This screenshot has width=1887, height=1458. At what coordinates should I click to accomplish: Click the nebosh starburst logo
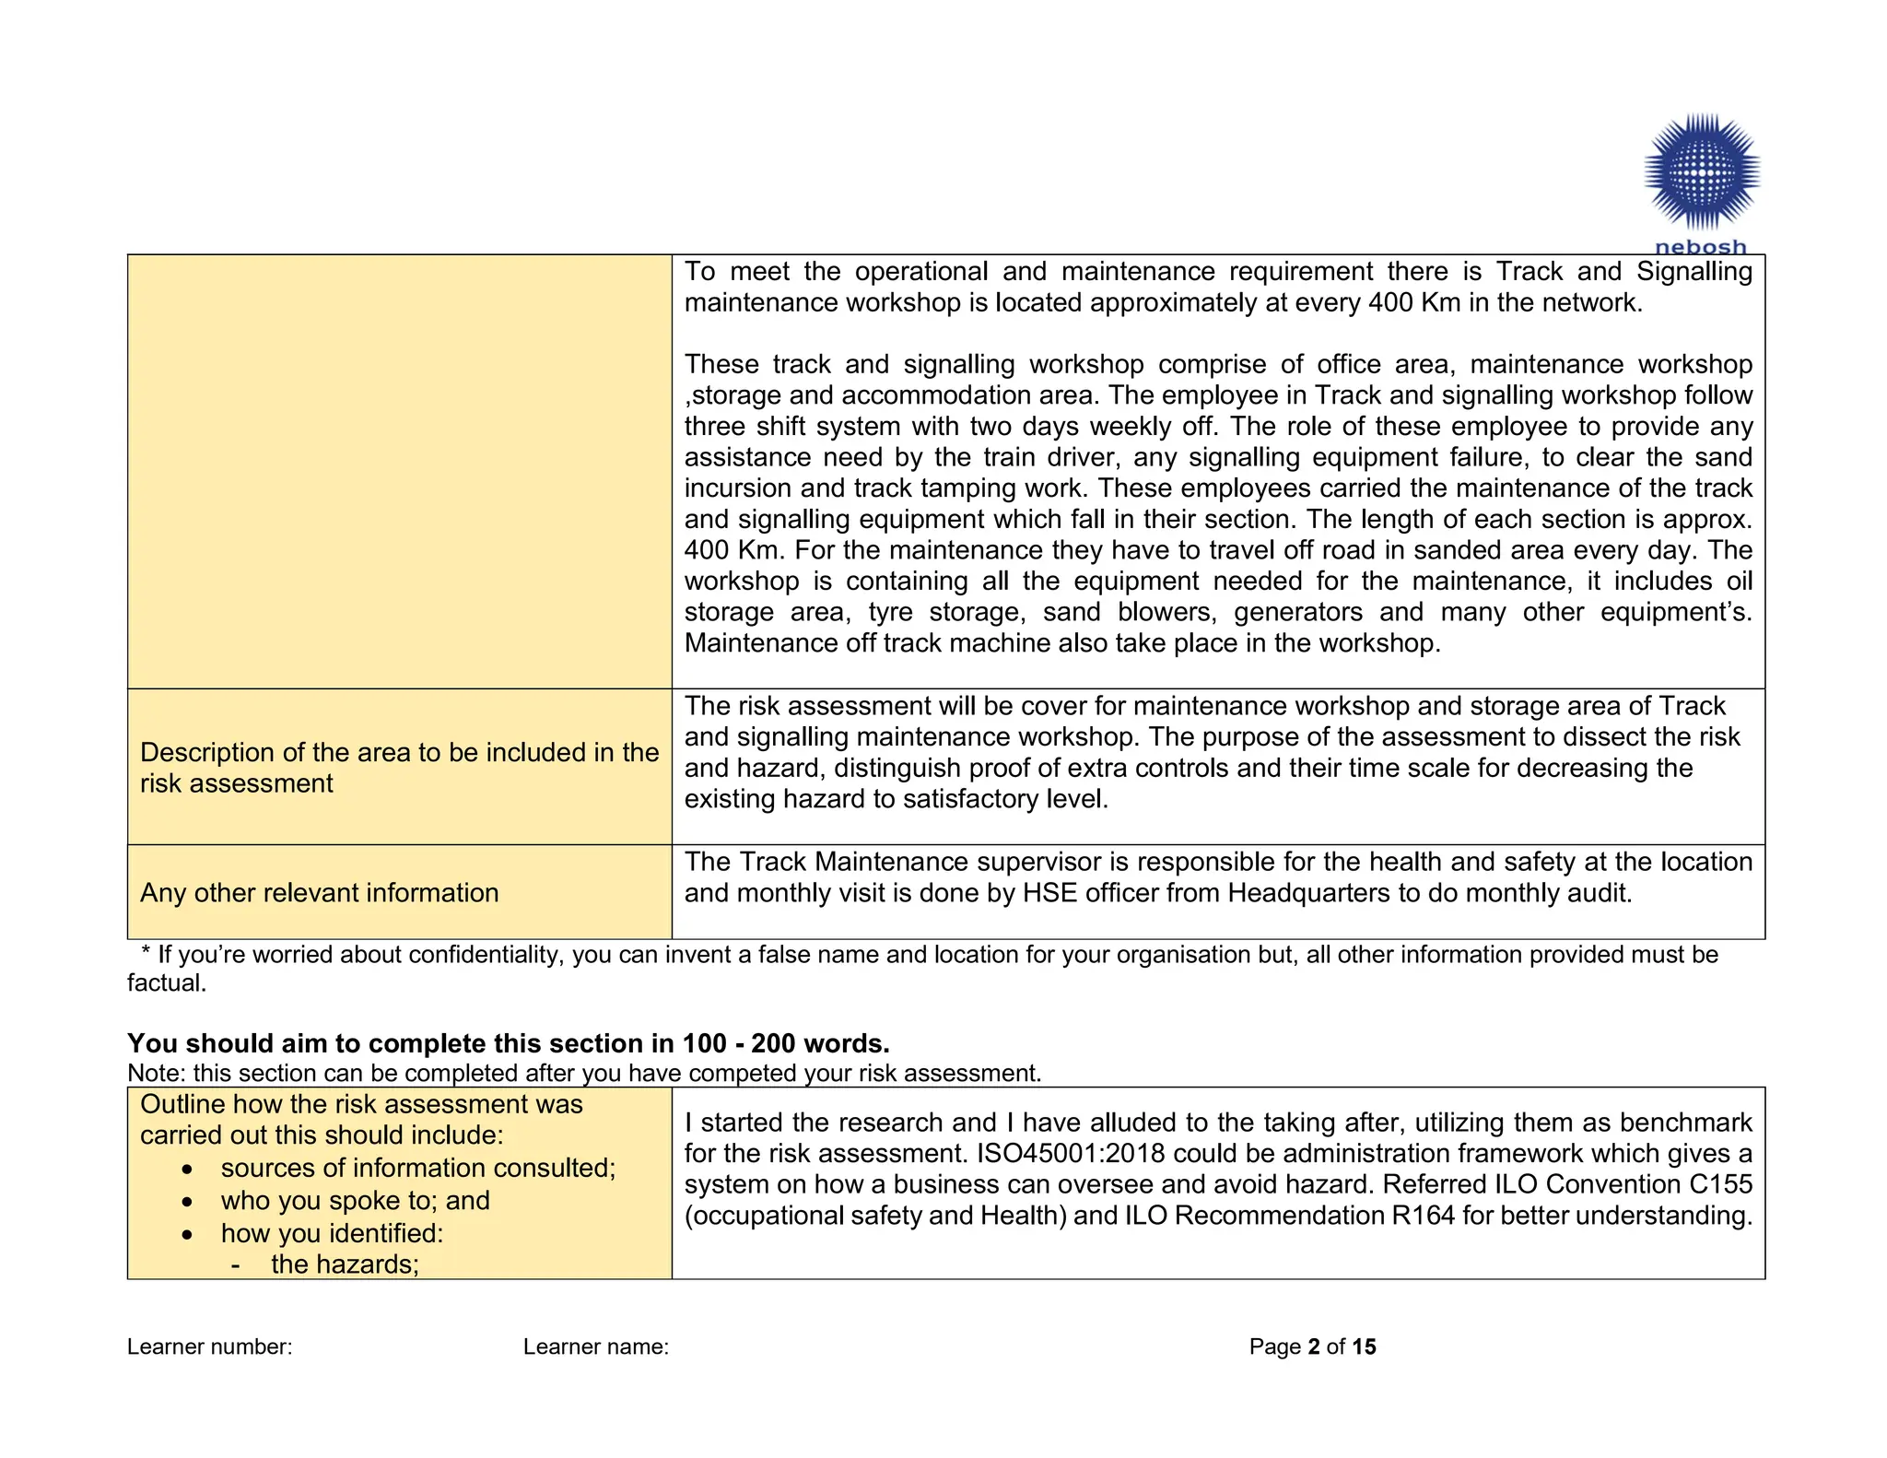point(1702,171)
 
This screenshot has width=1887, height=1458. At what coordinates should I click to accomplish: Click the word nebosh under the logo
point(1701,247)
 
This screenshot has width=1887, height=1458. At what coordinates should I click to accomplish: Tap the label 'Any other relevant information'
point(319,892)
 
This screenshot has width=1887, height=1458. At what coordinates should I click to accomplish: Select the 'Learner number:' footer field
point(209,1346)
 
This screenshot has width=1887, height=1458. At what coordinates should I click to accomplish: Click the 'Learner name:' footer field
point(595,1346)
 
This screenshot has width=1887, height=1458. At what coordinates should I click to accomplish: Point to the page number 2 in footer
point(1313,1346)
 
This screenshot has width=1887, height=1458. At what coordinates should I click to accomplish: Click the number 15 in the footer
point(1364,1346)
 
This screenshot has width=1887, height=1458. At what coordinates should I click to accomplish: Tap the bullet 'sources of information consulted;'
point(417,1168)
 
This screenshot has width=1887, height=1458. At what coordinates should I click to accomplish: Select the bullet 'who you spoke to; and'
point(355,1200)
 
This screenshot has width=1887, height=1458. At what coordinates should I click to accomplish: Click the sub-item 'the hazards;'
point(345,1264)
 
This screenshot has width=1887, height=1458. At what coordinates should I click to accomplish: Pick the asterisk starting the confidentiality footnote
point(146,955)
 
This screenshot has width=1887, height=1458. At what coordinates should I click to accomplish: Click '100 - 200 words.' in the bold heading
point(785,1043)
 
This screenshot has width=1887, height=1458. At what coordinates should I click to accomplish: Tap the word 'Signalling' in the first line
point(1694,271)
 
